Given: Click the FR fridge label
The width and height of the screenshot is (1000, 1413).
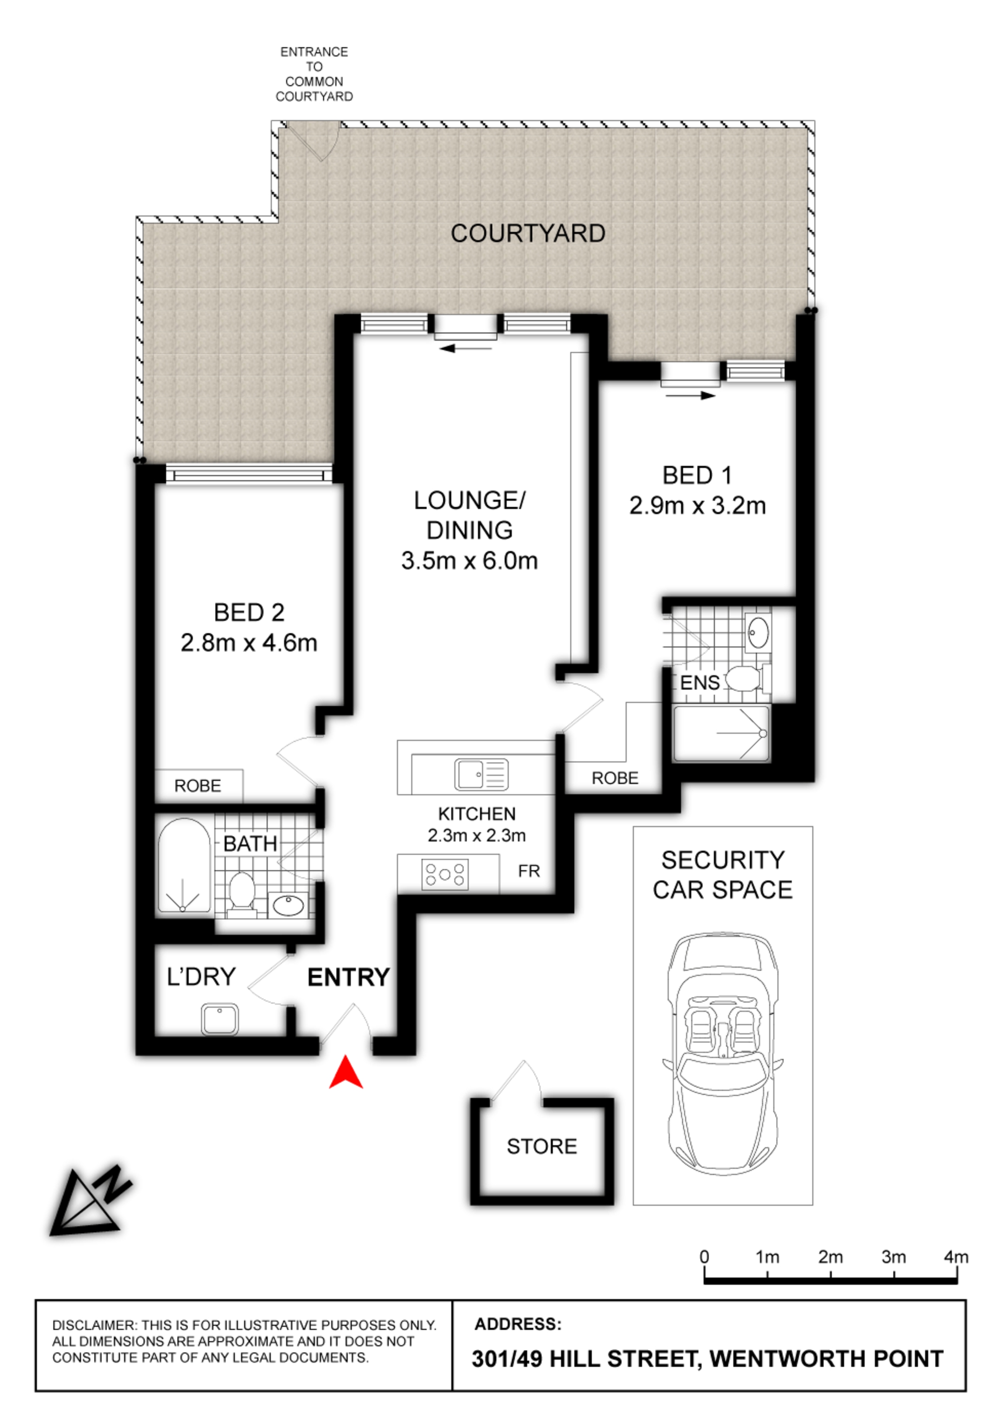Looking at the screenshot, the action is [x=529, y=871].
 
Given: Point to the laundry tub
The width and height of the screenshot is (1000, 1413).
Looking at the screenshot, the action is [x=220, y=1019].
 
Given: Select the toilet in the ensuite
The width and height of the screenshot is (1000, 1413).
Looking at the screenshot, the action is [x=747, y=679].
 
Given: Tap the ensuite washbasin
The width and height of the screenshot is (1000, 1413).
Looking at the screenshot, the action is [x=758, y=633].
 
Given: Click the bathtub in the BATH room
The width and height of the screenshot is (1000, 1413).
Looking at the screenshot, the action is [x=184, y=866].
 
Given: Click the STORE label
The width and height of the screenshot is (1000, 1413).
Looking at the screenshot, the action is [x=542, y=1146].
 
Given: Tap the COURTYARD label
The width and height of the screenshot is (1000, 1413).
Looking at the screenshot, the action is [x=528, y=233].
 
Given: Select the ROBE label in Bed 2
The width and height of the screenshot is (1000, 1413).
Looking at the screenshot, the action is [x=198, y=785].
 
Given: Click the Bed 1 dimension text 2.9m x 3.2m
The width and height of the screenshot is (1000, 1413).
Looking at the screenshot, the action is [x=697, y=506].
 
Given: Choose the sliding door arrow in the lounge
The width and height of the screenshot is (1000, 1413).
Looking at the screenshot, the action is [x=466, y=348].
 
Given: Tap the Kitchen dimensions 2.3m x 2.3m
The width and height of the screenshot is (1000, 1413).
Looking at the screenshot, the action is [x=477, y=835].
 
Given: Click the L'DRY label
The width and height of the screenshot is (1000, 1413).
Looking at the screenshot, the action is [x=202, y=977].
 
